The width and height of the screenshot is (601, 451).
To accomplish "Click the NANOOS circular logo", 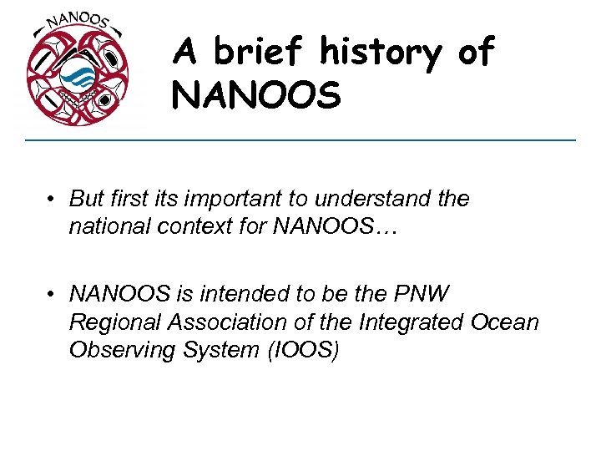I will pyautogui.click(x=78, y=73).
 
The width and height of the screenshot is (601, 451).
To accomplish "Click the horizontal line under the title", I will pyautogui.click(x=300, y=139).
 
